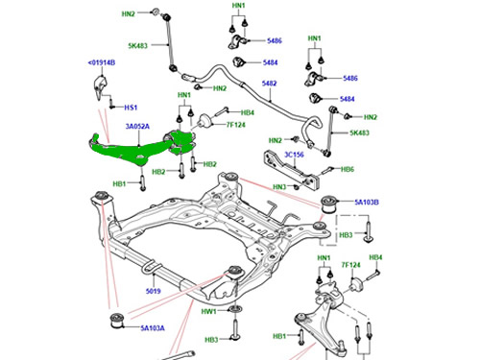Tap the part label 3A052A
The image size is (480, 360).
(x=137, y=127)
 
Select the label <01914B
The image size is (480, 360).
(x=102, y=62)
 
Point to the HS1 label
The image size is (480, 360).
(x=131, y=108)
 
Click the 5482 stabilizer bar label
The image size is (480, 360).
(x=269, y=84)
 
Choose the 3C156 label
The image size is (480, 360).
(x=294, y=155)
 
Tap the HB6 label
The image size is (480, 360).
(x=348, y=169)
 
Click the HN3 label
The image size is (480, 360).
(x=279, y=186)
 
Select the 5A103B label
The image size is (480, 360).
(x=367, y=203)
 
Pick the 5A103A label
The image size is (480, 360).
(x=153, y=328)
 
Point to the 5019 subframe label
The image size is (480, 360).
(x=154, y=291)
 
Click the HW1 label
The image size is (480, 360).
(x=208, y=311)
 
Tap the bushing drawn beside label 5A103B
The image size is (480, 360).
(x=329, y=204)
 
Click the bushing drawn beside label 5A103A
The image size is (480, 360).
(x=117, y=322)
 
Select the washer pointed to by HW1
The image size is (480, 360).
(x=235, y=309)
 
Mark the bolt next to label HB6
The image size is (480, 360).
(x=327, y=171)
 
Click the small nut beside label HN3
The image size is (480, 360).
(x=297, y=186)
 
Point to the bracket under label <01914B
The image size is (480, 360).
(x=100, y=87)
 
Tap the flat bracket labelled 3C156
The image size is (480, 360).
(x=292, y=169)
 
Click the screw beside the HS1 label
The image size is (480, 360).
(x=111, y=104)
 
